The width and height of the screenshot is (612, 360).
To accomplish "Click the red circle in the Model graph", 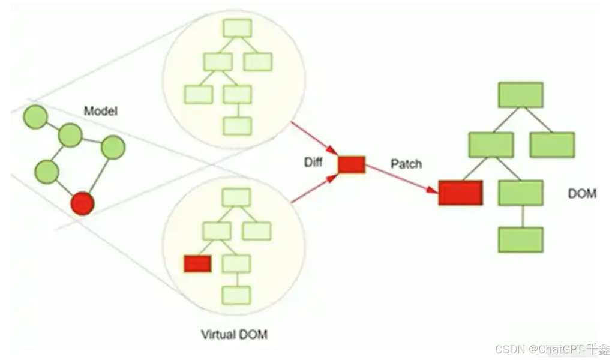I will (82, 203).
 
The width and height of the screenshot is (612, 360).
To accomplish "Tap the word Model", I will (100, 110).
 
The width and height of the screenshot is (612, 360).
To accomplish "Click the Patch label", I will (406, 163).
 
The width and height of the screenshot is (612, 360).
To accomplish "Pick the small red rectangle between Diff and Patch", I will (352, 164).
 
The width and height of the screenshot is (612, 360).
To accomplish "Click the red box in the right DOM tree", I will (460, 193).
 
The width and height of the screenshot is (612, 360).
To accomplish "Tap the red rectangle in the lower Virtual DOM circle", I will (197, 263).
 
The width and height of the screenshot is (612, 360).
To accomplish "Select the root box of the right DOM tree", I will (521, 95).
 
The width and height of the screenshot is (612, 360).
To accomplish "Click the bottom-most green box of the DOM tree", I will (521, 239).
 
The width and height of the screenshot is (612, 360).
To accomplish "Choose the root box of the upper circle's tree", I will (237, 29).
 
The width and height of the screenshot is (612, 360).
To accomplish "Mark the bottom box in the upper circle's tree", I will (237, 126).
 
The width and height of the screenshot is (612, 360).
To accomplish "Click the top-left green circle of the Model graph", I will (35, 116).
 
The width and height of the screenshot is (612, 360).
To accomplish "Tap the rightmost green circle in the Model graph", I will (113, 148).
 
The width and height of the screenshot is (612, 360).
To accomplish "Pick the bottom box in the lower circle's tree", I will (236, 295).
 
